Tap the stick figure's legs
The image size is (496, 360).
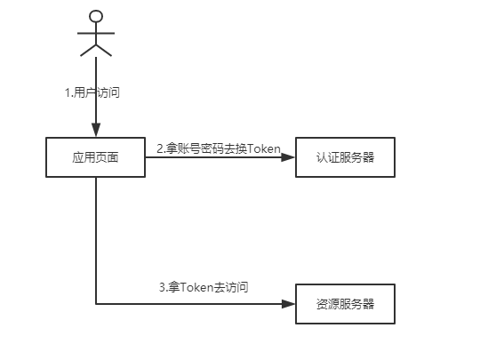[x=96, y=48]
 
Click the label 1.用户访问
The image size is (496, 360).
[x=92, y=92]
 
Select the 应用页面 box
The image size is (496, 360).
[x=96, y=157]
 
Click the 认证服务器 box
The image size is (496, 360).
[x=344, y=157]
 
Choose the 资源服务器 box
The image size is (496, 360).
[x=344, y=304]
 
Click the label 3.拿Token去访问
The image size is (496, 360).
[x=204, y=287]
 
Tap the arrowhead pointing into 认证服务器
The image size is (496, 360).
[x=288, y=157]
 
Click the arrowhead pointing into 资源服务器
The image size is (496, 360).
[x=288, y=304]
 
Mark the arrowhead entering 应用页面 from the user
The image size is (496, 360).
[x=96, y=132]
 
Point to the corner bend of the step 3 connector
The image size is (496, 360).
[x=96, y=304]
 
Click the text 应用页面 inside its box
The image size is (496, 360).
[x=96, y=157]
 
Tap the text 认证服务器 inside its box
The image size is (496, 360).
[x=344, y=157]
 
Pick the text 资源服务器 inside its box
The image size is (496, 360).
[x=344, y=304]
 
